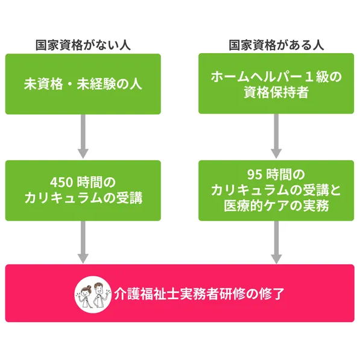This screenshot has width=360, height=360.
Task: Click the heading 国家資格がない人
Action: [x=83, y=45]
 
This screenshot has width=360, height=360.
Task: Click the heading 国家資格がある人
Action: [x=276, y=45]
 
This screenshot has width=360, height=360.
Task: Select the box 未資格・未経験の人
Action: [x=83, y=84]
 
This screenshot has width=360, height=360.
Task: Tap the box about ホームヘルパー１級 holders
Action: [x=276, y=84]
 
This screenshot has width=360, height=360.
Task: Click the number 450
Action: [x=62, y=183]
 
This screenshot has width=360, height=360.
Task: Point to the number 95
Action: [x=254, y=174]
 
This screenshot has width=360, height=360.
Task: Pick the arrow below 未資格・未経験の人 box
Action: [x=83, y=136]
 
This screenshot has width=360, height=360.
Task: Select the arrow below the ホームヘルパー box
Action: [x=276, y=136]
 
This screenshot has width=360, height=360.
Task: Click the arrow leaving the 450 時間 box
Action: [x=83, y=242]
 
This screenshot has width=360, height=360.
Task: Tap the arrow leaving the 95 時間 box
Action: [x=276, y=242]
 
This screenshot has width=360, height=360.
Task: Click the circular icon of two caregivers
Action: [x=93, y=294]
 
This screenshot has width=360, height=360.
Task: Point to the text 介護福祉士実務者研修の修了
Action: [x=199, y=294]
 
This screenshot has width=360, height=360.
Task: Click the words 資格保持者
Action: [x=276, y=92]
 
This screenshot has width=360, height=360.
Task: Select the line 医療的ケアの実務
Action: [x=276, y=206]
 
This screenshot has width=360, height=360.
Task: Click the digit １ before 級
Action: [x=309, y=77]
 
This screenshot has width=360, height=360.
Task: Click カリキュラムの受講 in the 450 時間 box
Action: [x=84, y=197]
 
